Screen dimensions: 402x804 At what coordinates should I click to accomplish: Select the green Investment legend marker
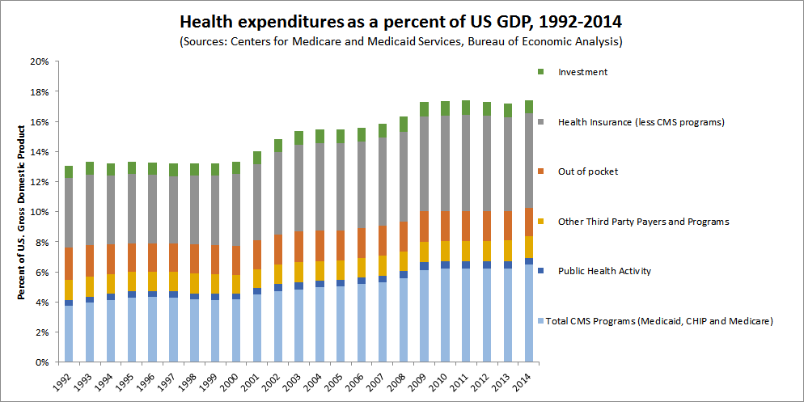coord(540,72)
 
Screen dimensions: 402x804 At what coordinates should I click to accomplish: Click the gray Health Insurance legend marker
coord(540,122)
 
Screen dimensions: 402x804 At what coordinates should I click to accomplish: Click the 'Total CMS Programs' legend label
coord(659,321)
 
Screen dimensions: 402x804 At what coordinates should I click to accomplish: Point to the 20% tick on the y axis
coord(39,61)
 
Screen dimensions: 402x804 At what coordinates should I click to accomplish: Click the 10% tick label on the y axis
coord(39,212)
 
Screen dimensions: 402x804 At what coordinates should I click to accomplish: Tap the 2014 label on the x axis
coord(527,381)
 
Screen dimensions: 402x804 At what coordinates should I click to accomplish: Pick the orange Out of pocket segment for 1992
coord(69,263)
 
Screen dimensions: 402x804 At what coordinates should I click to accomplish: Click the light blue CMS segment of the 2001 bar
coord(257,328)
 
